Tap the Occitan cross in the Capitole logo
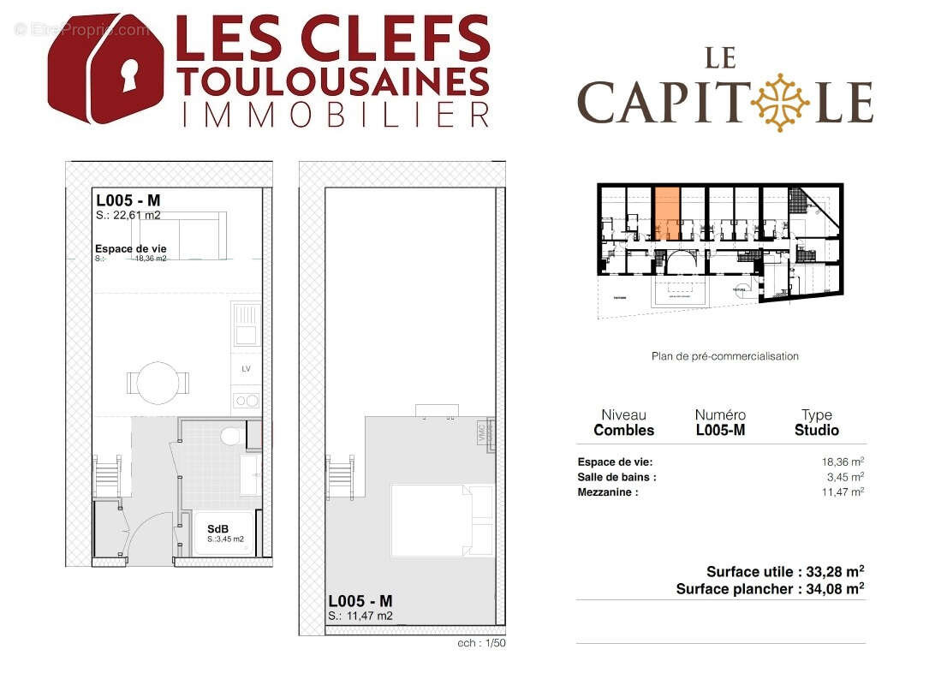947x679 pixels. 780,102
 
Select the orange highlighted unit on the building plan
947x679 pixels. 667,213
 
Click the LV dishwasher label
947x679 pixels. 246,370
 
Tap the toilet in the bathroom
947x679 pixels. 230,437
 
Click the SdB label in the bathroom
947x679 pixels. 217,529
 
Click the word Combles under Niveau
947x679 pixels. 623,431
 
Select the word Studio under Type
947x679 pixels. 816,431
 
